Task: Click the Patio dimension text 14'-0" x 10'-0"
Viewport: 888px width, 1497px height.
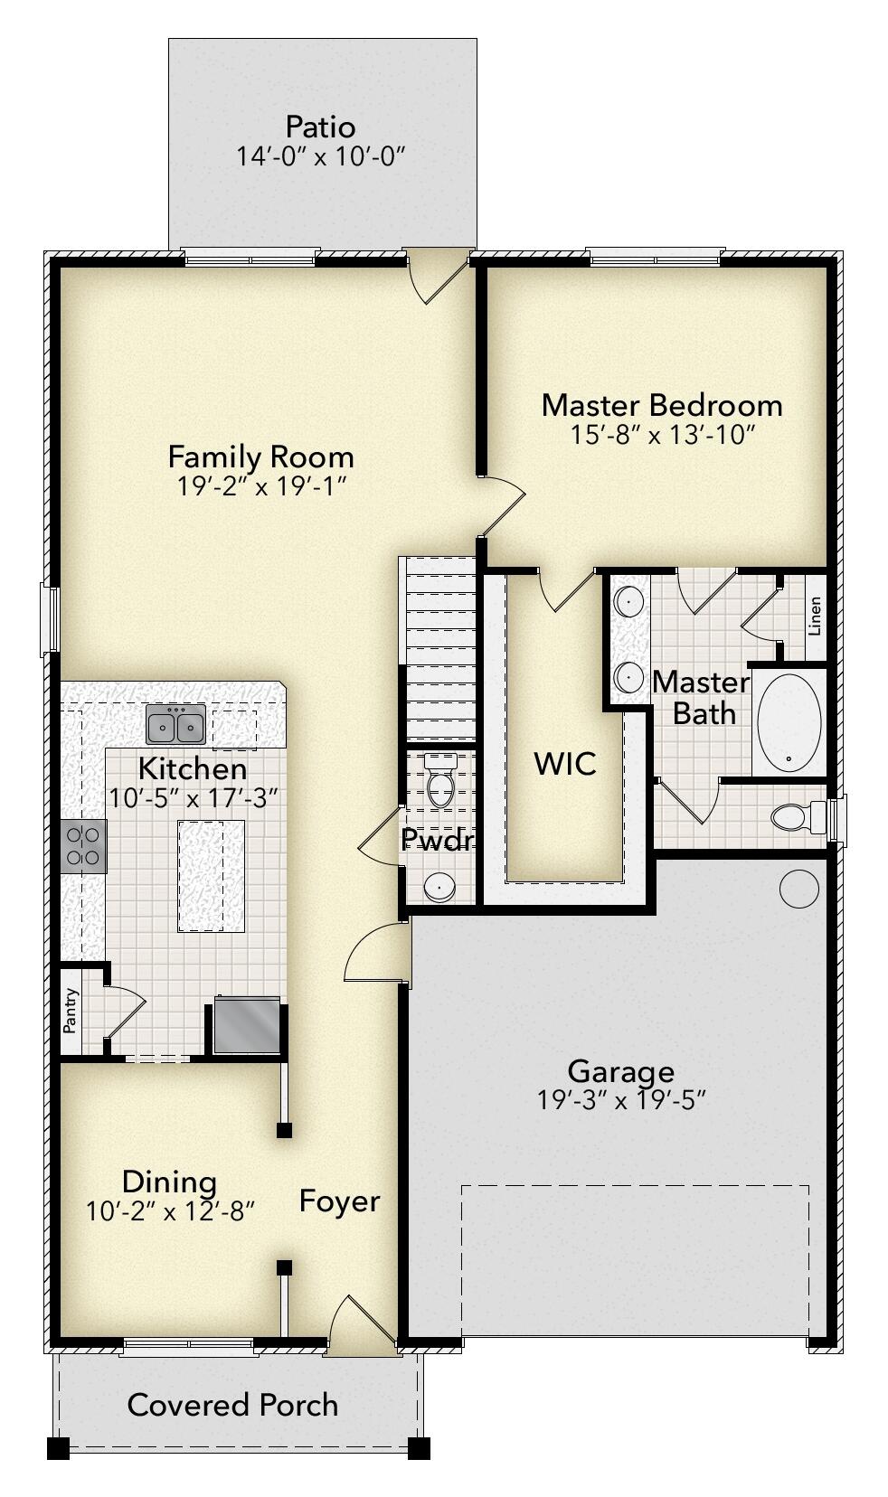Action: [x=320, y=156]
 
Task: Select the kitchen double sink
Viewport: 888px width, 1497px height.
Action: [x=176, y=725]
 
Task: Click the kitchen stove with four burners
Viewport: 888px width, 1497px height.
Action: [x=83, y=846]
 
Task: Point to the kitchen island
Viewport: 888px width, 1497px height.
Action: [x=212, y=876]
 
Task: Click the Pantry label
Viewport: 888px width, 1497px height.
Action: [x=71, y=1011]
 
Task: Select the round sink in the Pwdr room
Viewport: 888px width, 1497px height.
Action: [x=439, y=887]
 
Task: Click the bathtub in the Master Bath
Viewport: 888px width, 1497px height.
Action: [x=789, y=723]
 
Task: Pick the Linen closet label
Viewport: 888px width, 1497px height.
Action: [x=815, y=616]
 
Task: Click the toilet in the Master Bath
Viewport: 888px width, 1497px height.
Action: [x=795, y=817]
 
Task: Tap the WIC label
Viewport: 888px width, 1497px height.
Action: [x=565, y=764]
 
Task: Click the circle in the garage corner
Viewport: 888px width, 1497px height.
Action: [x=798, y=889]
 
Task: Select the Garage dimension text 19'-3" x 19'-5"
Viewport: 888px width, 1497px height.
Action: [x=620, y=1100]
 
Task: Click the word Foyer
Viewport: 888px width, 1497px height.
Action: [x=339, y=1201]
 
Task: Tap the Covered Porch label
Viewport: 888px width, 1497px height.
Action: [x=232, y=1405]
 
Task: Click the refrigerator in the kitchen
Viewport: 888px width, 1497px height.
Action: [x=247, y=1025]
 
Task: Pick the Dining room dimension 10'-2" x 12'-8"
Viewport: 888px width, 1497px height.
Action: [x=170, y=1211]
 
